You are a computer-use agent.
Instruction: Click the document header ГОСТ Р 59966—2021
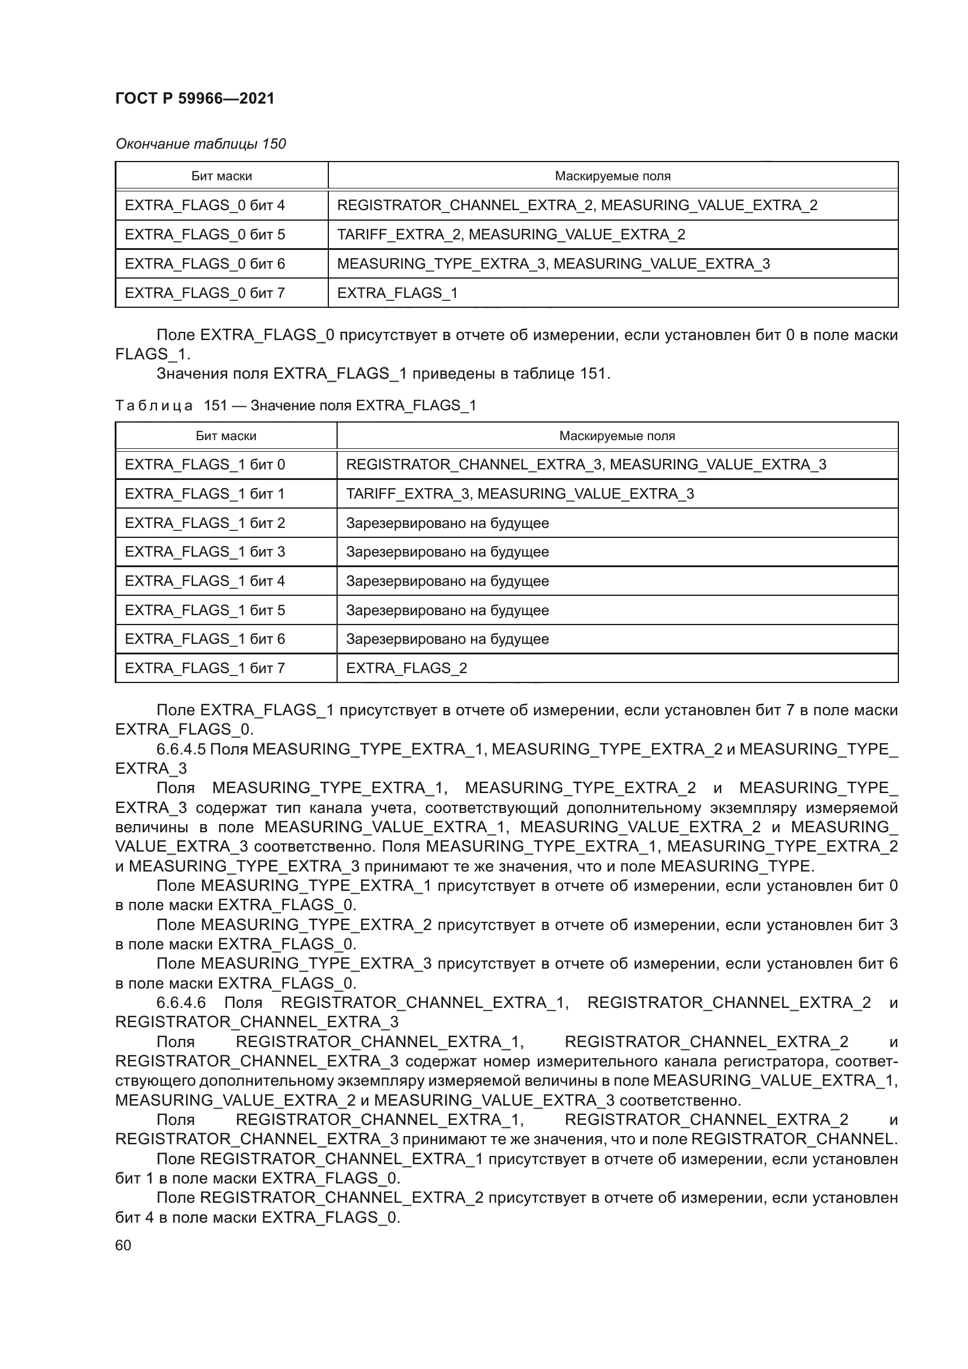(x=194, y=98)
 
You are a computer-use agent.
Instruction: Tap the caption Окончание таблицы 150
(x=200, y=144)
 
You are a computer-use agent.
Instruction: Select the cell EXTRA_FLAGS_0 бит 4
(x=204, y=205)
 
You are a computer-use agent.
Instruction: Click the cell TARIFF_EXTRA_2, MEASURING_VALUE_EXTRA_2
(x=511, y=234)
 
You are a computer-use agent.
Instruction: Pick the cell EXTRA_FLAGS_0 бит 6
(x=204, y=263)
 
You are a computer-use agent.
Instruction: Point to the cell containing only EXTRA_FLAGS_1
(x=397, y=293)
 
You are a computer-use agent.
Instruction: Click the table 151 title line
(x=296, y=406)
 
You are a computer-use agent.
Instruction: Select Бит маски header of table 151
(x=226, y=436)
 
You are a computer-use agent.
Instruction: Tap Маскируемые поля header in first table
(x=612, y=176)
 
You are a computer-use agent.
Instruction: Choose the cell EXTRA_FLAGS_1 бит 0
(x=204, y=465)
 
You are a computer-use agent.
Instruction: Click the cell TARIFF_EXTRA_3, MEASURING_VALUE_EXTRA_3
(x=520, y=494)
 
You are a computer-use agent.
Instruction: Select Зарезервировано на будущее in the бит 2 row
(x=447, y=523)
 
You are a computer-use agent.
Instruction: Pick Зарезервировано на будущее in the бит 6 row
(x=447, y=639)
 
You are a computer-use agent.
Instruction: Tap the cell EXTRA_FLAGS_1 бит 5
(x=204, y=610)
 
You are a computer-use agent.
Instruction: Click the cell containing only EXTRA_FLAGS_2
(x=406, y=668)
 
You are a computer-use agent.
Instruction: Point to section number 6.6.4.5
(x=181, y=749)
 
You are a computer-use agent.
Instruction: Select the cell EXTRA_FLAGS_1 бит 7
(x=204, y=668)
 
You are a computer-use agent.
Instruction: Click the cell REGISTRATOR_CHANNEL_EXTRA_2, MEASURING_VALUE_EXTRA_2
(x=577, y=205)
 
